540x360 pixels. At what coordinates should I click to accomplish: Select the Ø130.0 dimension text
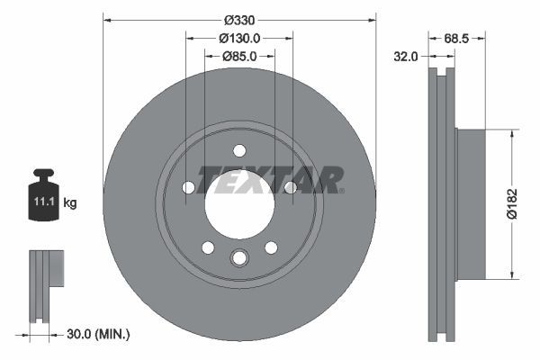[x=239, y=38]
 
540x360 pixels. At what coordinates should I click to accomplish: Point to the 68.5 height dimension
[x=458, y=38]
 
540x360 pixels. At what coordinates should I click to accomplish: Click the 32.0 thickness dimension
[x=407, y=56]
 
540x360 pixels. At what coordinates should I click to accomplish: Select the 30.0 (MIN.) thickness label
[x=99, y=334]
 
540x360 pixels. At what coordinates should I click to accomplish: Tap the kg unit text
[x=70, y=203]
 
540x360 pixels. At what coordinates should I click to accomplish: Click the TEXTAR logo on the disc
[x=270, y=179]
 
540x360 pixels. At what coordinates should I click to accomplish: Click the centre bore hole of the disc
[x=239, y=204]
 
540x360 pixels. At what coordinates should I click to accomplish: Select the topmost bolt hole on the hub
[x=239, y=150]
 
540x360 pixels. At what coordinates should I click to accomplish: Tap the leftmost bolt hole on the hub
[x=188, y=187]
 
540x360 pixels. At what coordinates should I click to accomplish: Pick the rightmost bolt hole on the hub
[x=291, y=187]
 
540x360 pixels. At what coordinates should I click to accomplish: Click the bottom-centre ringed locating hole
[x=239, y=259]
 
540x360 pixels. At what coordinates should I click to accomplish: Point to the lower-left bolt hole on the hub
[x=208, y=247]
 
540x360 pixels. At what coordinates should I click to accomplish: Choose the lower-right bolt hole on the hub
[x=271, y=247]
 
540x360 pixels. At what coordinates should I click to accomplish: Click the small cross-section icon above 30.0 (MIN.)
[x=44, y=282]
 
